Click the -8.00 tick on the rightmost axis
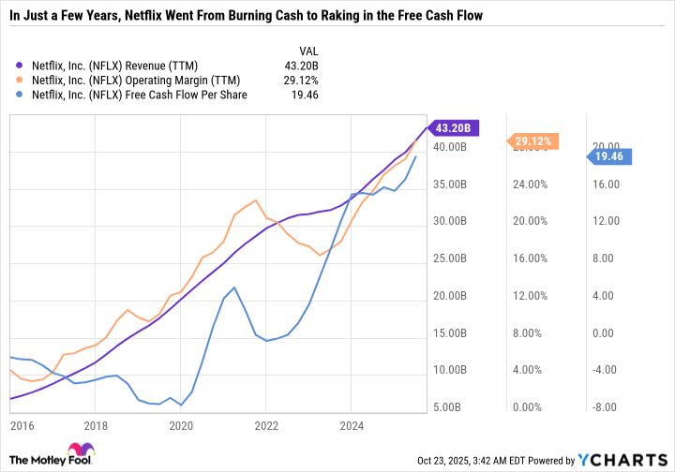coord(605,407)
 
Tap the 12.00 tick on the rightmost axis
coord(605,221)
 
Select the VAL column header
coord(307,49)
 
